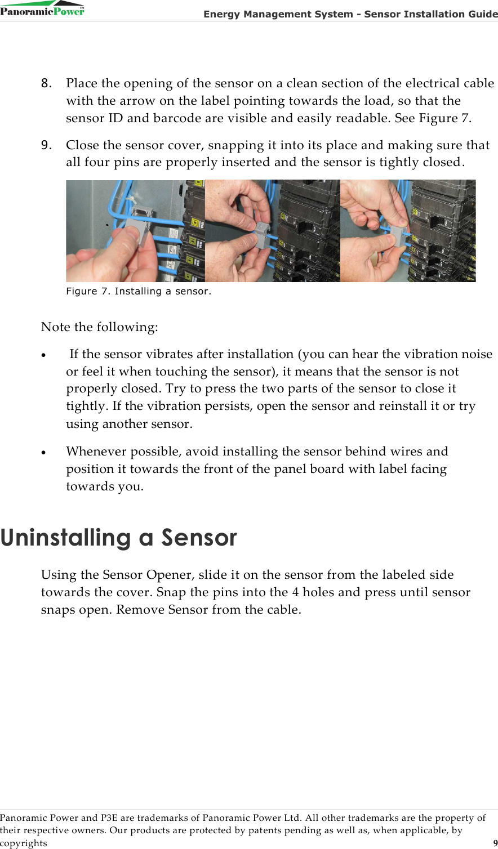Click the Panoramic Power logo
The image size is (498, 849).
pyautogui.click(x=42, y=8)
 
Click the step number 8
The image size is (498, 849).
pyautogui.click(x=46, y=83)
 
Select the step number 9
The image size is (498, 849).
pyautogui.click(x=46, y=145)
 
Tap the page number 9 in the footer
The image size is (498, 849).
pyautogui.click(x=495, y=843)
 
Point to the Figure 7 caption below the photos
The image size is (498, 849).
pyautogui.click(x=139, y=291)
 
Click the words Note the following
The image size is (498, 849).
pyautogui.click(x=99, y=327)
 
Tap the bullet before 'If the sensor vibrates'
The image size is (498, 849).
pyautogui.click(x=44, y=356)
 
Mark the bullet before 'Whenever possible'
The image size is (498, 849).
pyautogui.click(x=44, y=453)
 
